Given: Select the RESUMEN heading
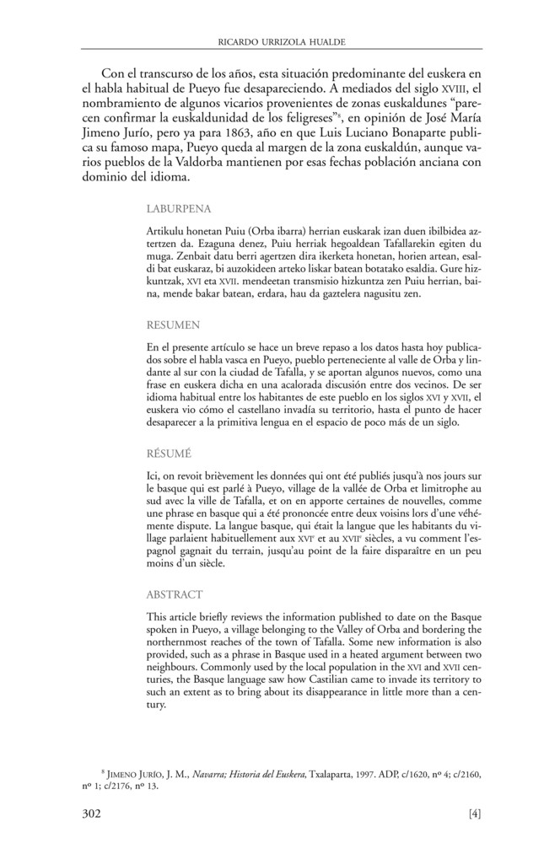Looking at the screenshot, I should (x=173, y=323).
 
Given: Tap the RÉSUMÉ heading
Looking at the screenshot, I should (x=169, y=453).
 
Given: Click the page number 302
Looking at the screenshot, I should (x=92, y=813).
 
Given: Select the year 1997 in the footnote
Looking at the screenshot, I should (x=369, y=772).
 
